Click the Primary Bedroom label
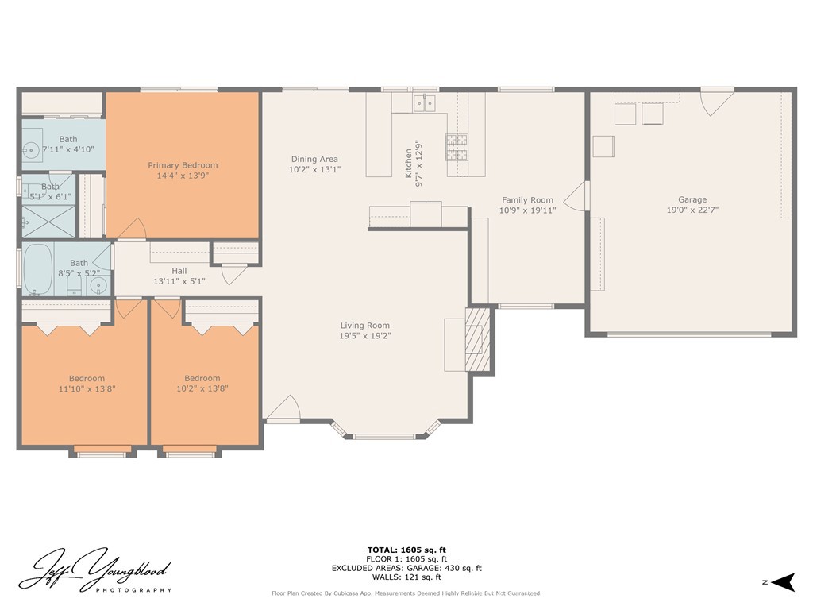183,165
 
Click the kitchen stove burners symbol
457,147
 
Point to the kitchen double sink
423,103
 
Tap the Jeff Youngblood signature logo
95,570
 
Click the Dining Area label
314,160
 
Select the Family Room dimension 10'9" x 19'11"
527,210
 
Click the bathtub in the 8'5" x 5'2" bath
38,270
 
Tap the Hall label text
179,271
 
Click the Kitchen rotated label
410,163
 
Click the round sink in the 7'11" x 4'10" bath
31,149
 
